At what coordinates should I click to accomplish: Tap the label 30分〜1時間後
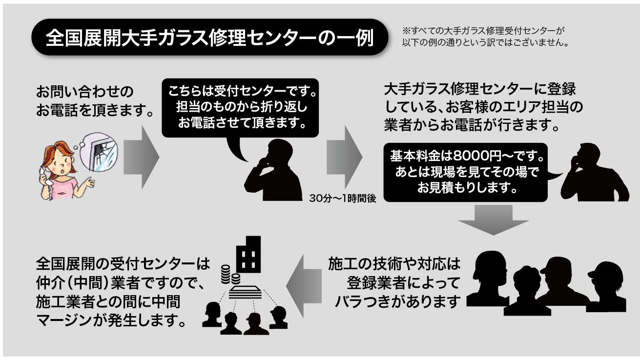(343, 199)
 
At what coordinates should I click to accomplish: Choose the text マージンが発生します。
(112, 321)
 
